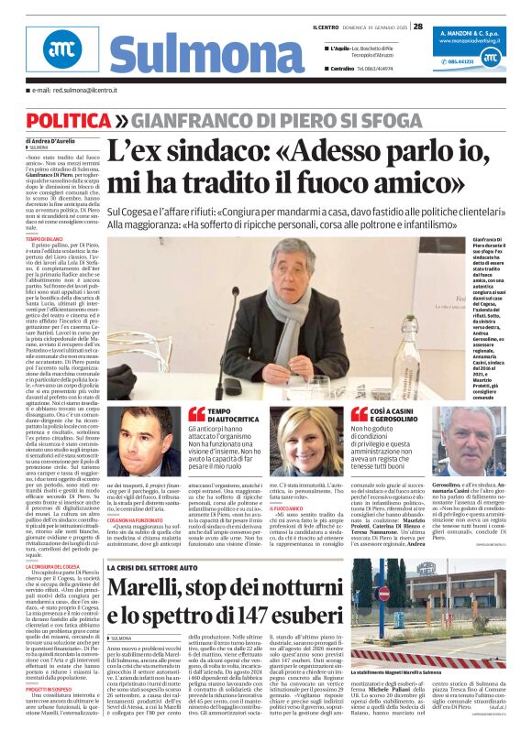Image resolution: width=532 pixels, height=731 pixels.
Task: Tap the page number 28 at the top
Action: click(417, 27)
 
